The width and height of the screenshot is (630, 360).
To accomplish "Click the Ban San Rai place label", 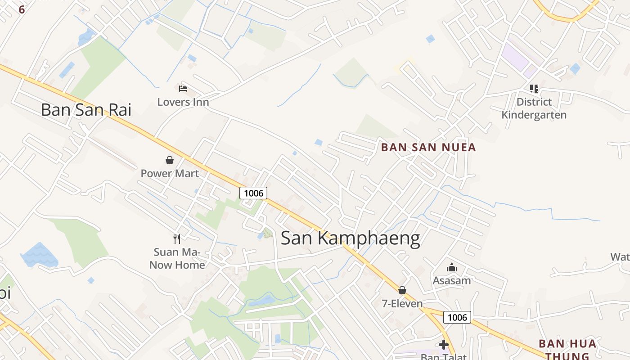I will point(85,110).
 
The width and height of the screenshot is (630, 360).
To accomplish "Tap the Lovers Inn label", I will point(183,102).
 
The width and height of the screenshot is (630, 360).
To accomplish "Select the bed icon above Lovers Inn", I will point(183,88).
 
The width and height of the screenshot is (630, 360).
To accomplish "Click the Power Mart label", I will point(170,173).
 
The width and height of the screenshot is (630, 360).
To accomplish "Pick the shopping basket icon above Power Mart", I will point(170,160).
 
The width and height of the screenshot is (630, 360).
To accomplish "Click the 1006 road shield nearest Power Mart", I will point(253,193).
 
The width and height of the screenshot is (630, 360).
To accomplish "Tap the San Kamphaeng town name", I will point(350,238).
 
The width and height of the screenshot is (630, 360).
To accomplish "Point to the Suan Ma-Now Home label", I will point(177,259).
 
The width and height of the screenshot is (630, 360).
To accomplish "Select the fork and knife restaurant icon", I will point(177,238).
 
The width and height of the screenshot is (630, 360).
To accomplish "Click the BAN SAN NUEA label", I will point(428,148).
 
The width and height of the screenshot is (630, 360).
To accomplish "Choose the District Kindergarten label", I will point(534,108).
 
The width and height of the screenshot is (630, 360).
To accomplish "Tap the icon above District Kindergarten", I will point(534,88).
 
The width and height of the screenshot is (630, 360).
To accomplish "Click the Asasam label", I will point(451,281).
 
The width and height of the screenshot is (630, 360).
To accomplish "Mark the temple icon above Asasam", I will point(451,268).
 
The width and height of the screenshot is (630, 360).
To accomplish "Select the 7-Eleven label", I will point(402,304).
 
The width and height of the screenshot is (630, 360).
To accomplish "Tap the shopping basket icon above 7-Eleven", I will point(402,290).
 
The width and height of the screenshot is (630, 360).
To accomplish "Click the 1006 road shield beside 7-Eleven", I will point(457,317).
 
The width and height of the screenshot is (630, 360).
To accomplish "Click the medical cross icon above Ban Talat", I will point(444,345).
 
